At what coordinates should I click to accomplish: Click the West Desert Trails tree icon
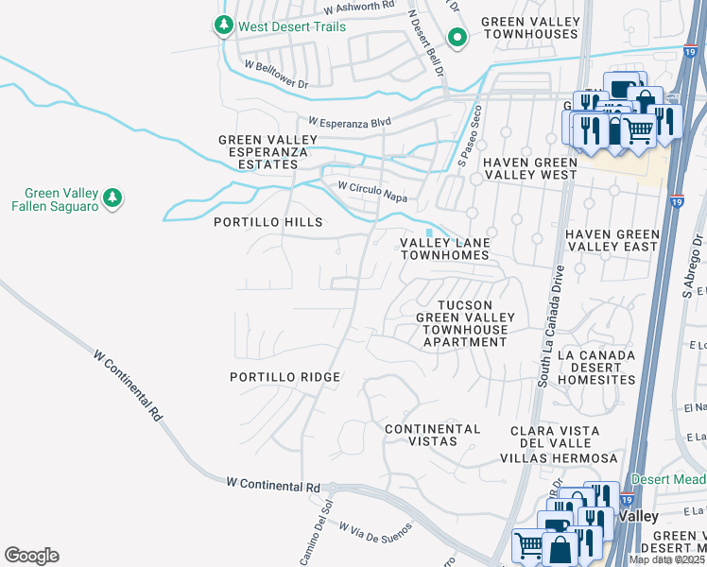224,26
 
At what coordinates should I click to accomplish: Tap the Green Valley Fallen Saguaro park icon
112,197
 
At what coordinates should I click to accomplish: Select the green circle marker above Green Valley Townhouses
457,38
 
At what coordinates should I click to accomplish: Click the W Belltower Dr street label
276,75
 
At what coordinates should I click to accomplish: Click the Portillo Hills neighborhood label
268,222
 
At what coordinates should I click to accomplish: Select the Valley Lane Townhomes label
444,249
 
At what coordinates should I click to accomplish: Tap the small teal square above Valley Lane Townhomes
430,232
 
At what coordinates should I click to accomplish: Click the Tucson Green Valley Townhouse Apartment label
465,323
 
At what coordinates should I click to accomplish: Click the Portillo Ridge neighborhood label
285,377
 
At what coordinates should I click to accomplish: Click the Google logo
31,556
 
